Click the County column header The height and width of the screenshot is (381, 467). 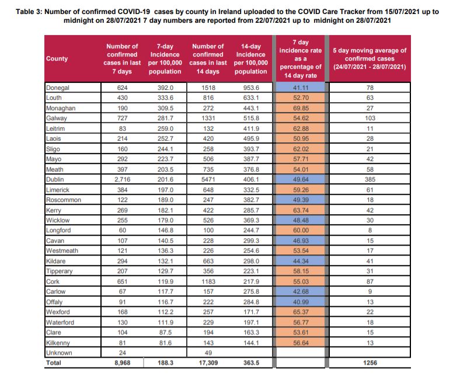(57, 59)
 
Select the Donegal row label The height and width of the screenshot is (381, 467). (57, 88)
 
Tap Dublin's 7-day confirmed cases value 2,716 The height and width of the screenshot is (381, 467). (122, 180)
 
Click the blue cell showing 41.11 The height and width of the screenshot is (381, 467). (301, 88)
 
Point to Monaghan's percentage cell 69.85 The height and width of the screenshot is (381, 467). (301, 108)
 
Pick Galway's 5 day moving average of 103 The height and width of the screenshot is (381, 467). (370, 118)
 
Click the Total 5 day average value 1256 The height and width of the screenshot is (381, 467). (370, 363)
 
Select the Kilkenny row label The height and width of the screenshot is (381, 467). (58, 343)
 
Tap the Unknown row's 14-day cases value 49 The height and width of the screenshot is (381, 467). (208, 353)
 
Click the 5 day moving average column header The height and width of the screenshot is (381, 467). (370, 59)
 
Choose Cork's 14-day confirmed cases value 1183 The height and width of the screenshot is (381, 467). (208, 282)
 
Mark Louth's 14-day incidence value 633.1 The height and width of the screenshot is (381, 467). (251, 97)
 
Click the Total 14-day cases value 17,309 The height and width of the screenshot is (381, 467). (208, 363)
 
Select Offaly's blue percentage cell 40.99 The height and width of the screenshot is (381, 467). (301, 302)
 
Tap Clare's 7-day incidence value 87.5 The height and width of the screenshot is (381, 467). (165, 333)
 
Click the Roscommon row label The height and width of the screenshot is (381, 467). (64, 200)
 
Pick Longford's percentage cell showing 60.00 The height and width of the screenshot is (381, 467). (301, 230)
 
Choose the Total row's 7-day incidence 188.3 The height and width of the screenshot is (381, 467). (165, 363)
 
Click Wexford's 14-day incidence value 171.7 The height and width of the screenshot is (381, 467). (251, 312)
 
